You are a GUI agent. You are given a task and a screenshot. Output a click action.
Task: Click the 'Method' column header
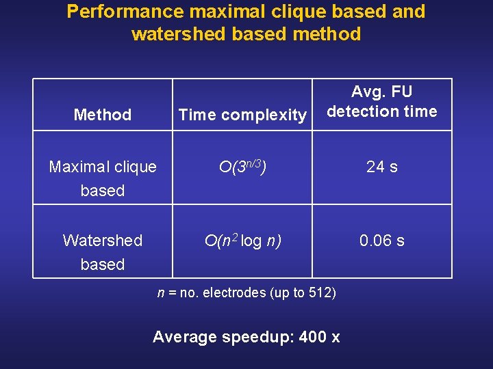pyautogui.click(x=102, y=115)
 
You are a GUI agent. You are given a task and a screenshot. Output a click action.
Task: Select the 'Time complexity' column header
pyautogui.click(x=242, y=115)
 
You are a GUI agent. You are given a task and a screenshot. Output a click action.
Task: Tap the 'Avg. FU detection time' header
pyautogui.click(x=381, y=102)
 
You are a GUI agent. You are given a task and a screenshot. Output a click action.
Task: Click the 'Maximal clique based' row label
pyautogui.click(x=103, y=178)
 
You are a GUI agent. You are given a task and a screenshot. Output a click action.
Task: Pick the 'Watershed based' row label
pyautogui.click(x=103, y=252)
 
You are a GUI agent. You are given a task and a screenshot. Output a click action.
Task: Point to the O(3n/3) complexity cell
pyautogui.click(x=242, y=166)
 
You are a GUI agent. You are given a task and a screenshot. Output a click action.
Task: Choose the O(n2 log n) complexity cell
pyautogui.click(x=242, y=241)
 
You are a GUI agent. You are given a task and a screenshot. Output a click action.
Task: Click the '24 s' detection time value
pyautogui.click(x=381, y=167)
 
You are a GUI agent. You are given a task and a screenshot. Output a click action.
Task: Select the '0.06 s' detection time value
pyautogui.click(x=381, y=241)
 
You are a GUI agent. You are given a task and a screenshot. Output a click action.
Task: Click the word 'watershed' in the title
pyautogui.click(x=179, y=34)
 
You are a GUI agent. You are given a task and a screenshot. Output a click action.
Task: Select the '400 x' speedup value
pyautogui.click(x=320, y=337)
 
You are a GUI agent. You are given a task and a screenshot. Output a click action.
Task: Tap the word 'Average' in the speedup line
pyautogui.click(x=182, y=337)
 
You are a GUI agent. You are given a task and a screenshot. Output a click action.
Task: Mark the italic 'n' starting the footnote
pyautogui.click(x=161, y=293)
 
